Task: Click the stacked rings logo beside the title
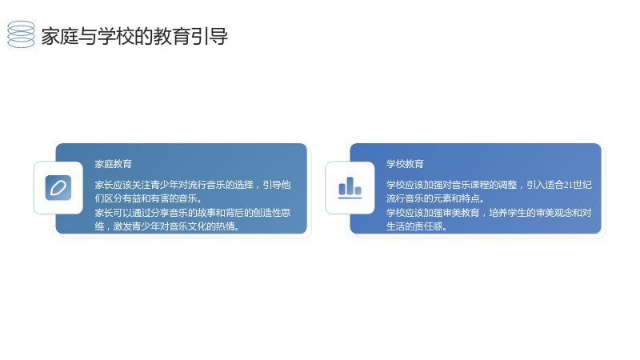[x=22, y=34]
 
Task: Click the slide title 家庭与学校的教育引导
[x=134, y=36]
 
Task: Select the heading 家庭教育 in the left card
[x=114, y=164]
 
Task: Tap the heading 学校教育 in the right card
[x=405, y=164]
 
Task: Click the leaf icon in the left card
[x=58, y=188]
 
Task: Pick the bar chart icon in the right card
[x=350, y=188]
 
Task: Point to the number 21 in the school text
[x=568, y=185]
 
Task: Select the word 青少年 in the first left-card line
[x=165, y=185]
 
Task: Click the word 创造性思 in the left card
[x=272, y=213]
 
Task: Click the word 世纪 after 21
[x=582, y=185]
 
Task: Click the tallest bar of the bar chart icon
[x=350, y=186]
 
